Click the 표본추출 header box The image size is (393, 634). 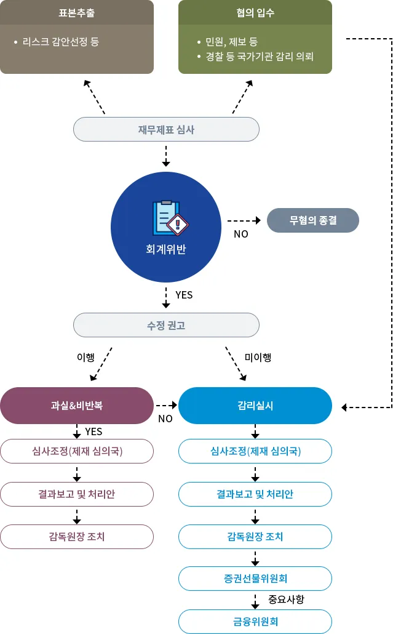pos(77,12)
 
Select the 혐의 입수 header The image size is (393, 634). pos(255,12)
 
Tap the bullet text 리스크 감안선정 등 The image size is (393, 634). pos(60,42)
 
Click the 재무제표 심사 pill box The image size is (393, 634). pos(166,130)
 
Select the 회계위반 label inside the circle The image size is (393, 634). pos(166,249)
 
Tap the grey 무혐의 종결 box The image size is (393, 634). pos(313,220)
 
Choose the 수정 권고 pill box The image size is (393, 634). pos(166,325)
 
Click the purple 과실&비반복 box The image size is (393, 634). pos(77,406)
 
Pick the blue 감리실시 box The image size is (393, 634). pos(255,406)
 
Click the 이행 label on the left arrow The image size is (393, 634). pos(85,358)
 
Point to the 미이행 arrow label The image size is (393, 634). pos(258,358)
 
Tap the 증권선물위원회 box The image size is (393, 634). pos(255,579)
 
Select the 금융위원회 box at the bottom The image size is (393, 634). pos(255,621)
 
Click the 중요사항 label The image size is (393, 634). pos(287,599)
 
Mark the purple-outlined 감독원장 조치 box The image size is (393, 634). pos(77,536)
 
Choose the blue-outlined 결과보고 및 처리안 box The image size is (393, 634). pos(255,494)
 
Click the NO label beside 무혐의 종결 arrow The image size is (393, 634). pos(240,234)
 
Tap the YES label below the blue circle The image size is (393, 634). pos(184,295)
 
